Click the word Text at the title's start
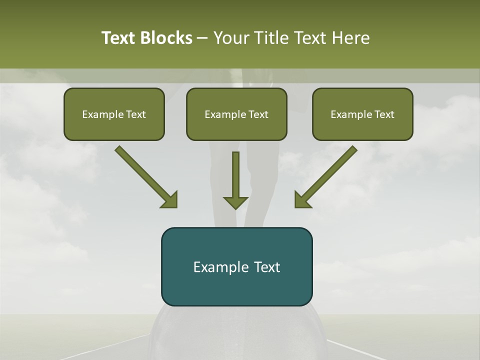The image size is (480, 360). pyautogui.click(x=119, y=38)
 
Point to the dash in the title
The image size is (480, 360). pyautogui.click(x=203, y=38)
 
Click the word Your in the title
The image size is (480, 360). pyautogui.click(x=231, y=38)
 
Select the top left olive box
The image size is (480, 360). pyautogui.click(x=114, y=114)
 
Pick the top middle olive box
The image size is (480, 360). pyautogui.click(x=236, y=114)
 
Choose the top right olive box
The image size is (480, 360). pyautogui.click(x=362, y=114)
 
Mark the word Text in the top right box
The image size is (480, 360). pyautogui.click(x=384, y=114)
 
